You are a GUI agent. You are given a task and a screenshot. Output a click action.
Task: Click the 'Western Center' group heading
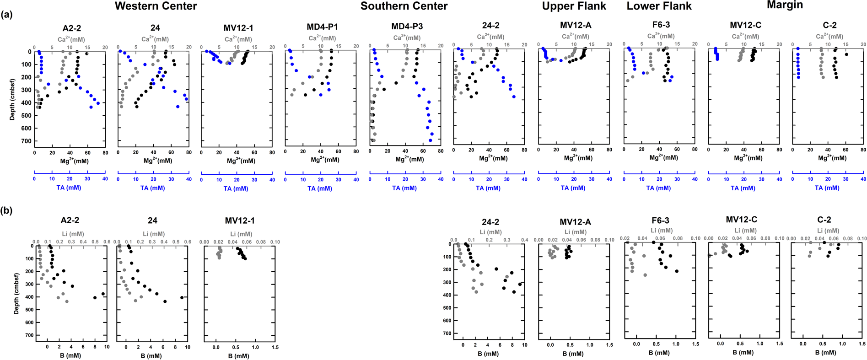pyautogui.click(x=156, y=6)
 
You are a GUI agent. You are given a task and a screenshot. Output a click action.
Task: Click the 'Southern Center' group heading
pyautogui.click(x=404, y=6)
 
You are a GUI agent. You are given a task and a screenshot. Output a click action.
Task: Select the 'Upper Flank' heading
pyautogui.click(x=574, y=6)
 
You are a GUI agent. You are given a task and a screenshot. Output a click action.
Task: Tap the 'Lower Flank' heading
pyautogui.click(x=659, y=6)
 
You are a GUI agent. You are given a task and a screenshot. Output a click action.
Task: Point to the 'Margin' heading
pyautogui.click(x=785, y=5)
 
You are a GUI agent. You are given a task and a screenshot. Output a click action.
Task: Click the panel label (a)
pyautogui.click(x=6, y=14)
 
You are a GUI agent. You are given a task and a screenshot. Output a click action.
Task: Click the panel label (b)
pyautogui.click(x=6, y=211)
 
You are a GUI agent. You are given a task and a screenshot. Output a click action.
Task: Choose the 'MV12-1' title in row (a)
pyautogui.click(x=238, y=28)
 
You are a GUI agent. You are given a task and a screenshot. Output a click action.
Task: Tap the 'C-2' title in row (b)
pyautogui.click(x=824, y=220)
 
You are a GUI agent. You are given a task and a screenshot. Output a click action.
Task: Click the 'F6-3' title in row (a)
pyautogui.click(x=660, y=25)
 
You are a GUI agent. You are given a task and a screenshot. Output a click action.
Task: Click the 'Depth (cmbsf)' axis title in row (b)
pyautogui.click(x=16, y=294)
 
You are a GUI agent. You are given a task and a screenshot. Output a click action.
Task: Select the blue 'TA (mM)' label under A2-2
pyautogui.click(x=70, y=188)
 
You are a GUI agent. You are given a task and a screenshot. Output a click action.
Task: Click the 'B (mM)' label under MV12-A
pyautogui.click(x=573, y=354)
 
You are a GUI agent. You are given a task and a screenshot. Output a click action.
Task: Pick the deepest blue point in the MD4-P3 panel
pyautogui.click(x=431, y=140)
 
